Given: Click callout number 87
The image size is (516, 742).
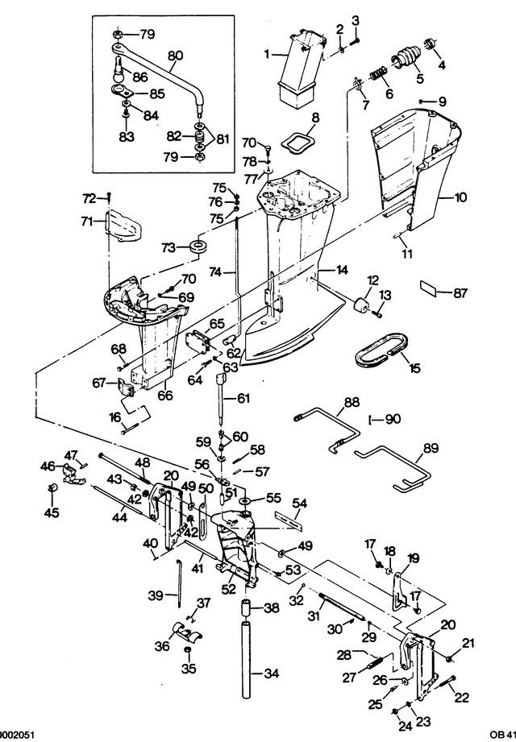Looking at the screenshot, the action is click(460, 293).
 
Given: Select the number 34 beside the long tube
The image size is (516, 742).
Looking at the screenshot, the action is click(271, 674).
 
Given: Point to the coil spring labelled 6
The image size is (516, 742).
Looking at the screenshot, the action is click(379, 74).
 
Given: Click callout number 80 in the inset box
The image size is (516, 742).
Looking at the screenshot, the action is click(175, 56).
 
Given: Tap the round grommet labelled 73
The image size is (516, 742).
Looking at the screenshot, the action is click(199, 247).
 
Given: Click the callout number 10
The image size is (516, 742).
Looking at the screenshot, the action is click(460, 197).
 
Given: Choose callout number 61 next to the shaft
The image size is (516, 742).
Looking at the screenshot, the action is click(243, 399).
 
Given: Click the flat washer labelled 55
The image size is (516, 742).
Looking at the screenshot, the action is click(246, 500).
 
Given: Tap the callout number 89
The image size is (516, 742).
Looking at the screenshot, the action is click(431, 448).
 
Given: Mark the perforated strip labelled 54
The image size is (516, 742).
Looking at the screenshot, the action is click(289, 520).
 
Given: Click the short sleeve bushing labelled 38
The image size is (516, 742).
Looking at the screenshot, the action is click(246, 607).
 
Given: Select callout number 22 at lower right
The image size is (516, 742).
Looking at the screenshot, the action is click(461, 697).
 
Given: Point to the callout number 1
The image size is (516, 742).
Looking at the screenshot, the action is click(267, 55).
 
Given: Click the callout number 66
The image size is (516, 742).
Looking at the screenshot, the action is click(165, 395).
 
